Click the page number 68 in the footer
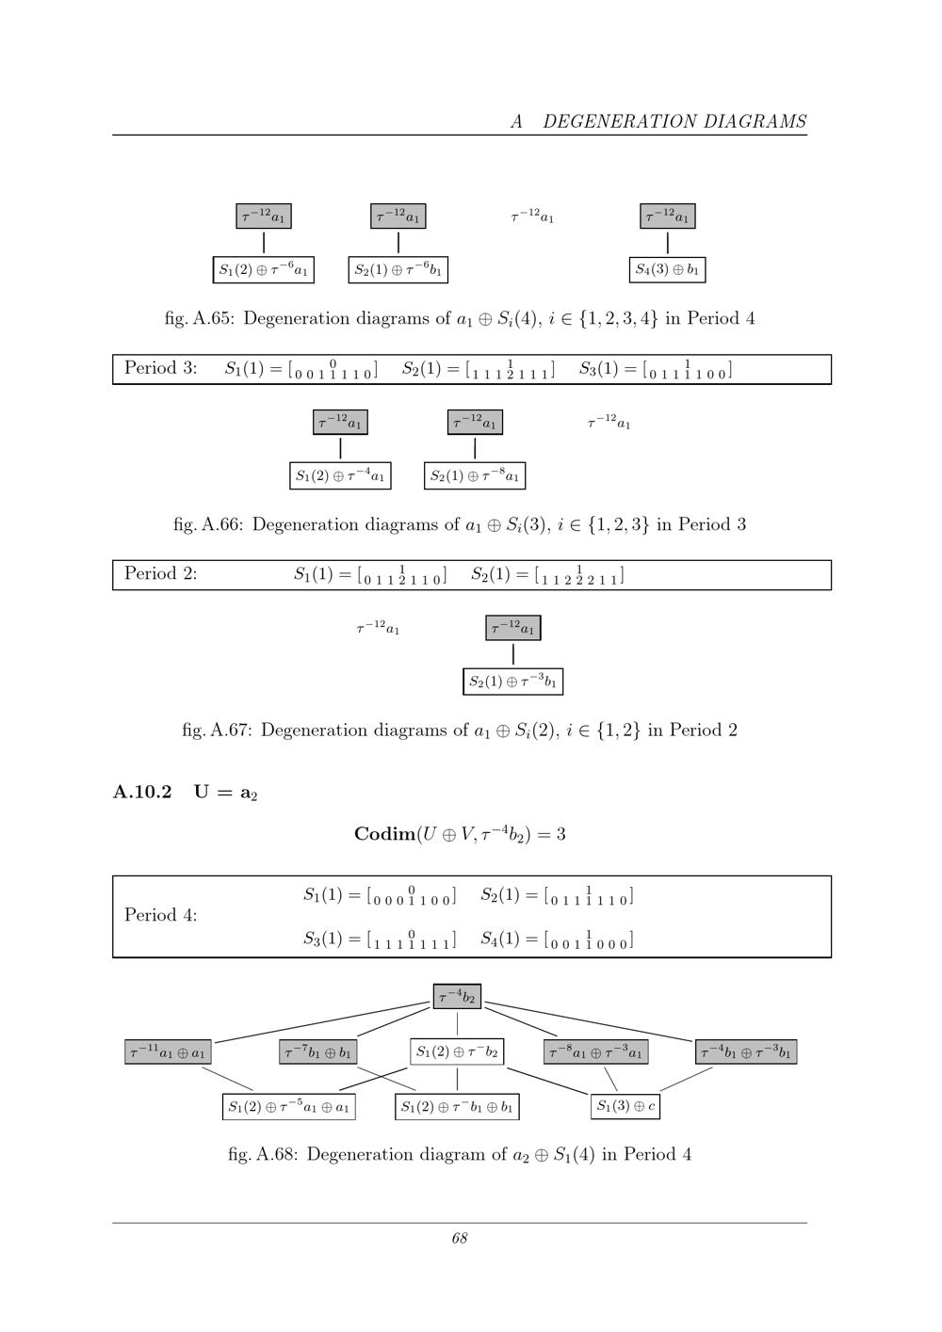point(460,1238)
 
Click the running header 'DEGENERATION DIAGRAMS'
point(674,121)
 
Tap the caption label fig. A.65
point(200,319)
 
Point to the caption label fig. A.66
point(208,524)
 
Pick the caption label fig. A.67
point(218,730)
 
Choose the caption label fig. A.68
point(263,1154)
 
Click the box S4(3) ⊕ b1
point(667,269)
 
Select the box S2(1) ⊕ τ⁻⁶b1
point(398,269)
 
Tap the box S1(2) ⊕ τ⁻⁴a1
point(340,475)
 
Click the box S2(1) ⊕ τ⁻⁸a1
point(475,475)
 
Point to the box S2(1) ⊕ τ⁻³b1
point(513,682)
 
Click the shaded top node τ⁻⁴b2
point(457,997)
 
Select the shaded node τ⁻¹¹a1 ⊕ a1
point(168,1051)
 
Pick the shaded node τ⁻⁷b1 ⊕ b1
point(318,1051)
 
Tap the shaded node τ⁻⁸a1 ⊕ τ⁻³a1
point(595,1051)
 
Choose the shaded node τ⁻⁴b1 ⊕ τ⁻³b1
point(746,1051)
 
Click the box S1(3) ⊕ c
point(625,1106)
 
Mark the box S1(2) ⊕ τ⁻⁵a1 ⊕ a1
point(289,1107)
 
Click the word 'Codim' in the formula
point(384,834)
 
